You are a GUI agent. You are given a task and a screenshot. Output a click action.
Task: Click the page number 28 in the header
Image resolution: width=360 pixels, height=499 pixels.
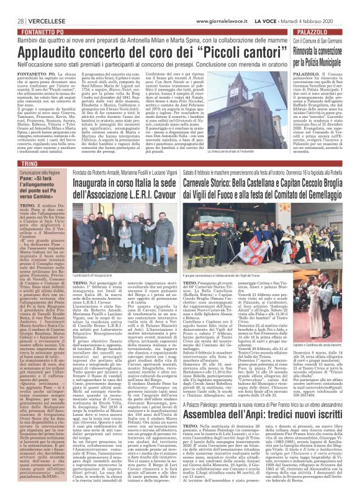pyautogui.click(x=12, y=6)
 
